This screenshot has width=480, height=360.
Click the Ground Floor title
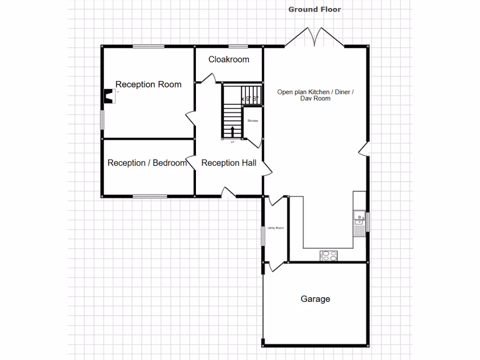[x=315, y=9]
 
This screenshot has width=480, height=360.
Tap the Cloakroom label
[x=229, y=60]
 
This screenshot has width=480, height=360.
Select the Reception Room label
[x=148, y=84]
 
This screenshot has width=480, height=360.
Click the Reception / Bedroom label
[x=147, y=163]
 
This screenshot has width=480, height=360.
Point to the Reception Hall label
[x=229, y=163]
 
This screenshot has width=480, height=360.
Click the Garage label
[x=315, y=299]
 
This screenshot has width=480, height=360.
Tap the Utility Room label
[x=276, y=228]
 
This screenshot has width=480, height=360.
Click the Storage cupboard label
[x=253, y=121]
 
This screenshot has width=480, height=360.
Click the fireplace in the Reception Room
[x=109, y=96]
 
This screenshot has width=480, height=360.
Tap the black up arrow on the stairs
[x=232, y=131]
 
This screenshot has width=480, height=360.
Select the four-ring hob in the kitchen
[x=329, y=255]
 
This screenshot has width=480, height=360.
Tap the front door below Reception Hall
[x=228, y=192]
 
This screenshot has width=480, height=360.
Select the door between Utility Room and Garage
[x=276, y=266]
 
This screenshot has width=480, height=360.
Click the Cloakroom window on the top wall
[x=238, y=46]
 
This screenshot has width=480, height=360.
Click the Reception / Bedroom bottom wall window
[x=150, y=196]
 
